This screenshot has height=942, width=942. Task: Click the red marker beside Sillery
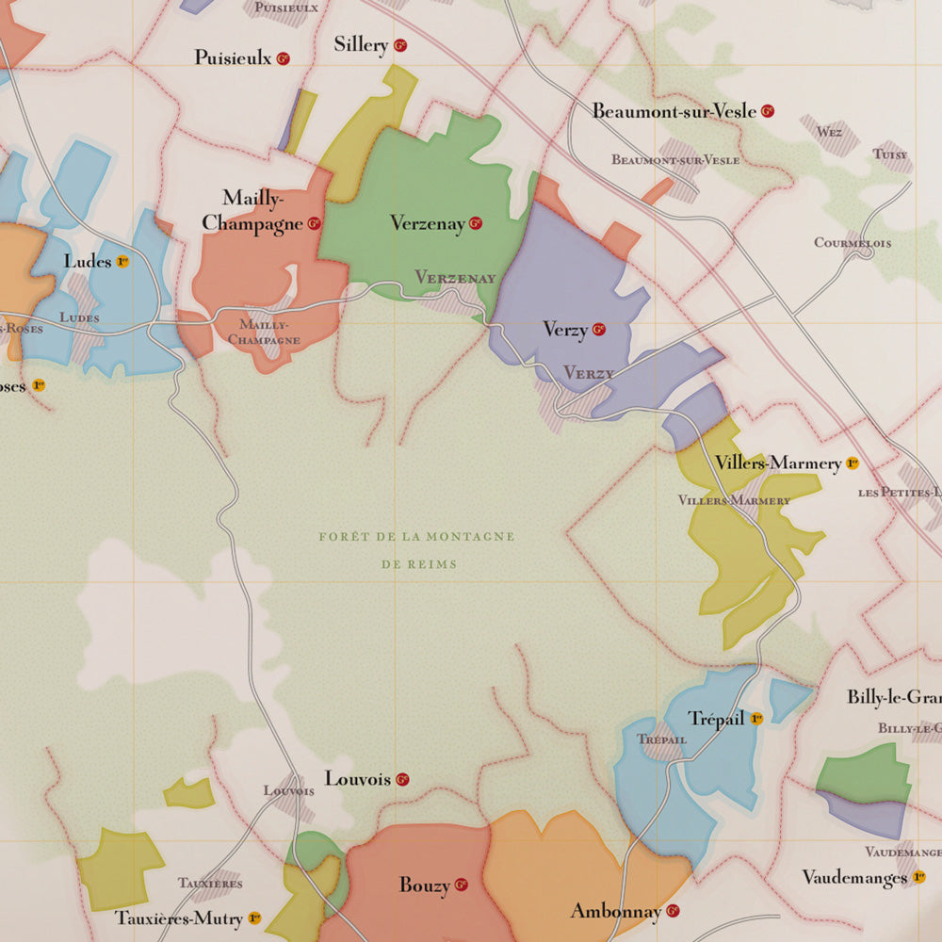pos(400,45)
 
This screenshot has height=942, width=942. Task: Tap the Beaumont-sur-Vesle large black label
pos(674,111)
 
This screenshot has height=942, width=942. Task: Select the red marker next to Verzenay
pos(476,223)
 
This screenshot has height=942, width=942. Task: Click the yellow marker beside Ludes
pos(122,261)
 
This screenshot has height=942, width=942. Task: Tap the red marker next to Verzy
pos(599,330)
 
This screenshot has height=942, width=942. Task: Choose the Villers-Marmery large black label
pos(777,463)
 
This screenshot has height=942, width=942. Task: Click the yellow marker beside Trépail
pos(756,719)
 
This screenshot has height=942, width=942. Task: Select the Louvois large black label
pos(357,779)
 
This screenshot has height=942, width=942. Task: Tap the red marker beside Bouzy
pos(462,885)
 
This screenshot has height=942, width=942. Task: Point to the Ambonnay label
pos(615,911)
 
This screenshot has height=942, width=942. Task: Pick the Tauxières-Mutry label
pos(179,917)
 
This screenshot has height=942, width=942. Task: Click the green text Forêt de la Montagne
pos(416,537)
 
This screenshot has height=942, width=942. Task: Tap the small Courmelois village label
pos(853,242)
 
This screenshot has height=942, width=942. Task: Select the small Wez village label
pos(830,133)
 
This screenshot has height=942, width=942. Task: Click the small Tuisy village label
pos(890,154)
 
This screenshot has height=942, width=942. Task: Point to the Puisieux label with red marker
pos(233,58)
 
